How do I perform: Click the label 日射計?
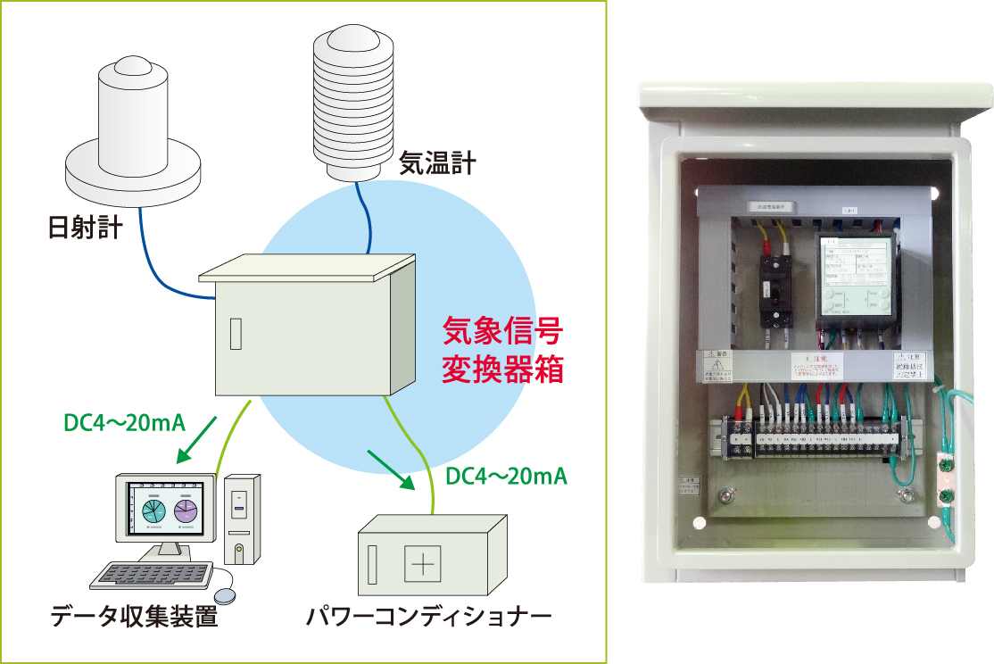[x=85, y=227]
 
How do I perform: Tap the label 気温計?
[x=437, y=163]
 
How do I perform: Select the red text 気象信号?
[x=503, y=333]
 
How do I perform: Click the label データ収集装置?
[x=134, y=616]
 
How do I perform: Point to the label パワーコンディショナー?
[x=428, y=616]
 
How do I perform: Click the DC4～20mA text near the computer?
[x=124, y=423]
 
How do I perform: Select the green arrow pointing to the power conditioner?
[x=392, y=471]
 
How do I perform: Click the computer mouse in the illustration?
[x=225, y=593]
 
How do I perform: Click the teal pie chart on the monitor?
[x=153, y=511]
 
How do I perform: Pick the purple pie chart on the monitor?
[x=186, y=511]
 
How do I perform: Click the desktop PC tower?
[x=242, y=518]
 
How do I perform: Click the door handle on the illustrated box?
[x=236, y=333]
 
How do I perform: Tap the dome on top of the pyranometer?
[x=131, y=67]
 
